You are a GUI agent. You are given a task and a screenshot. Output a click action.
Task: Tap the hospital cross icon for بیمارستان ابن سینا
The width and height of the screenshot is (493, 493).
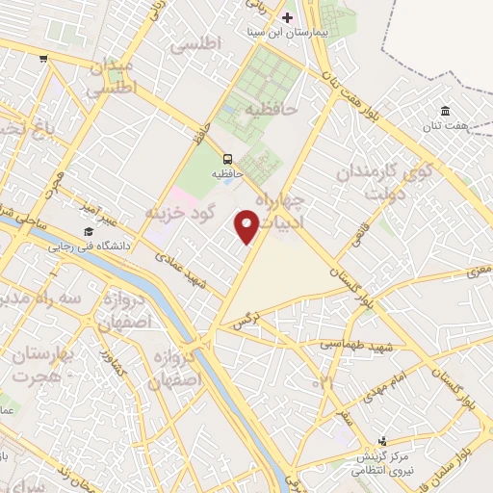287,18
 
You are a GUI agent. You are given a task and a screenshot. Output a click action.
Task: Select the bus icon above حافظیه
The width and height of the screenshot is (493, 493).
227,159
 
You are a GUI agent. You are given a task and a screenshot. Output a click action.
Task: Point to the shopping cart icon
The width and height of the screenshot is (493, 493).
43,59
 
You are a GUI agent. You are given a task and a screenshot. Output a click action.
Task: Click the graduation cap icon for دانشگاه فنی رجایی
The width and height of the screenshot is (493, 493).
88,232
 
